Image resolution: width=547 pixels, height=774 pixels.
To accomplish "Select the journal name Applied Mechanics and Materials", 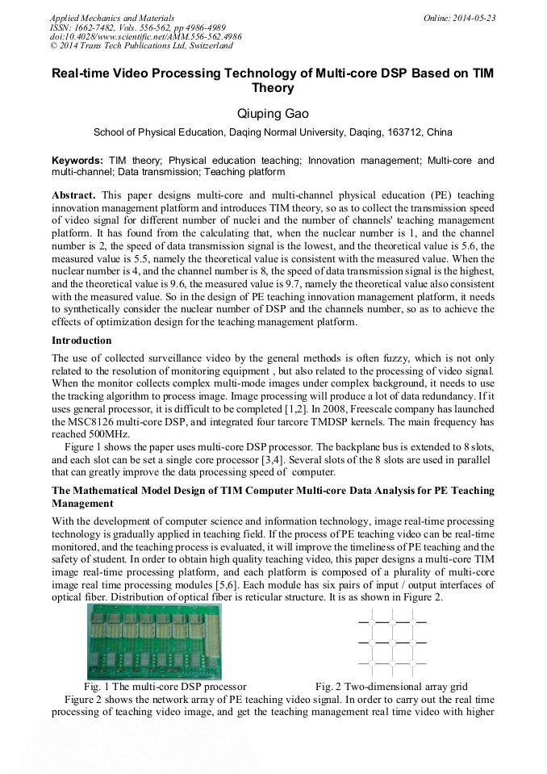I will coord(111,18).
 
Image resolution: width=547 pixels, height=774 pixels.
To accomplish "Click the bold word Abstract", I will coord(73,196).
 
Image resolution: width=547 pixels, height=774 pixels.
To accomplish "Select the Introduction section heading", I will coord(81,341).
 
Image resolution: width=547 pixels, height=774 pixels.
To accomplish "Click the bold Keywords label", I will coord(77,161).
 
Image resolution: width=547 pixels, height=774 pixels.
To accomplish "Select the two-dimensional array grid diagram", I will coord(392,642).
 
